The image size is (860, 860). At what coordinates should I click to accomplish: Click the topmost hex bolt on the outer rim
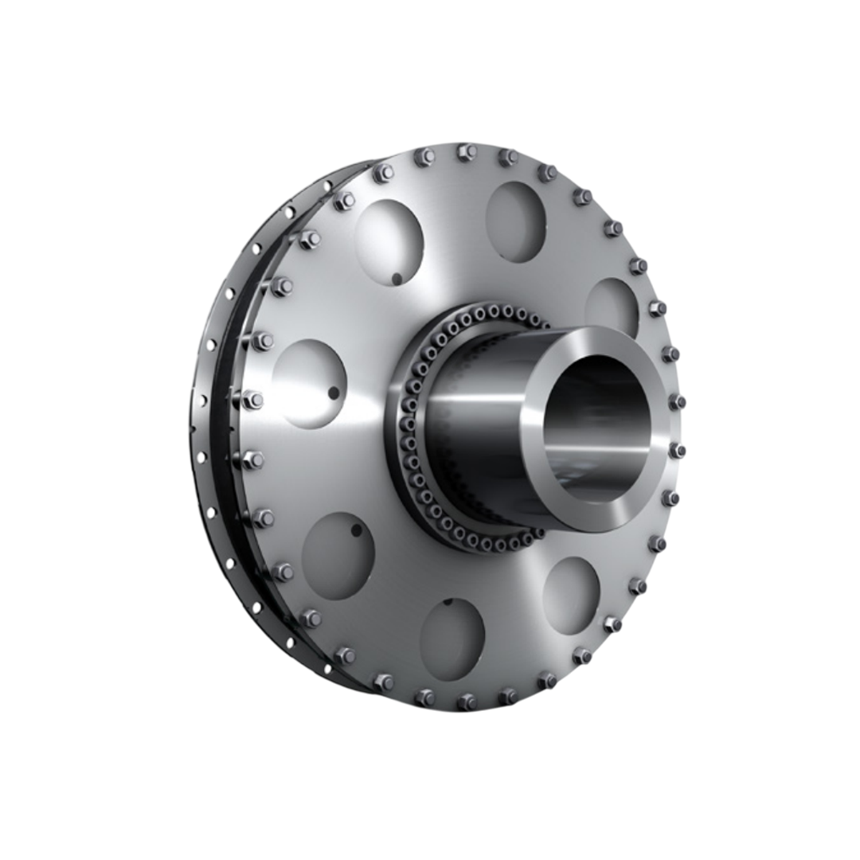click(467, 152)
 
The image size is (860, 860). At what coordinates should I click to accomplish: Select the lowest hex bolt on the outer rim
click(467, 702)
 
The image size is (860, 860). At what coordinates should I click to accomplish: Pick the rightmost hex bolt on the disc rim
click(677, 450)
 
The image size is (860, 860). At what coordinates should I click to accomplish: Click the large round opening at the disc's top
click(515, 221)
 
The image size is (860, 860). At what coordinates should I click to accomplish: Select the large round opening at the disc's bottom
click(452, 637)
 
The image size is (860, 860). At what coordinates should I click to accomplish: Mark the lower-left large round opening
click(338, 555)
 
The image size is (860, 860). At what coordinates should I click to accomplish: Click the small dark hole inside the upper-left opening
click(396, 279)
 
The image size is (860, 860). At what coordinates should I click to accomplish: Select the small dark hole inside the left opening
click(333, 393)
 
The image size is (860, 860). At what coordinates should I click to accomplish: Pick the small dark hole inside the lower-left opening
click(356, 530)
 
